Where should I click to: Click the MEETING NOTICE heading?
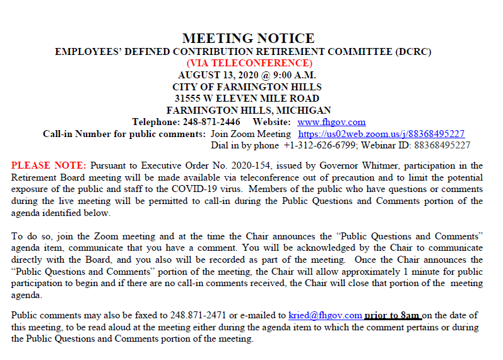[x=248, y=39]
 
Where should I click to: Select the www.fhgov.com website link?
[x=331, y=122]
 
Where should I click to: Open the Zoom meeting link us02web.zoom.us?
[x=381, y=134]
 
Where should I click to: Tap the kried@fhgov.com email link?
[x=325, y=315]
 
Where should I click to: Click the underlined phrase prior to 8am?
[x=393, y=315]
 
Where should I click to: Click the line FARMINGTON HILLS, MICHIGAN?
[x=248, y=110]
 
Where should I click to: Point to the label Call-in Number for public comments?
[x=124, y=134]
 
